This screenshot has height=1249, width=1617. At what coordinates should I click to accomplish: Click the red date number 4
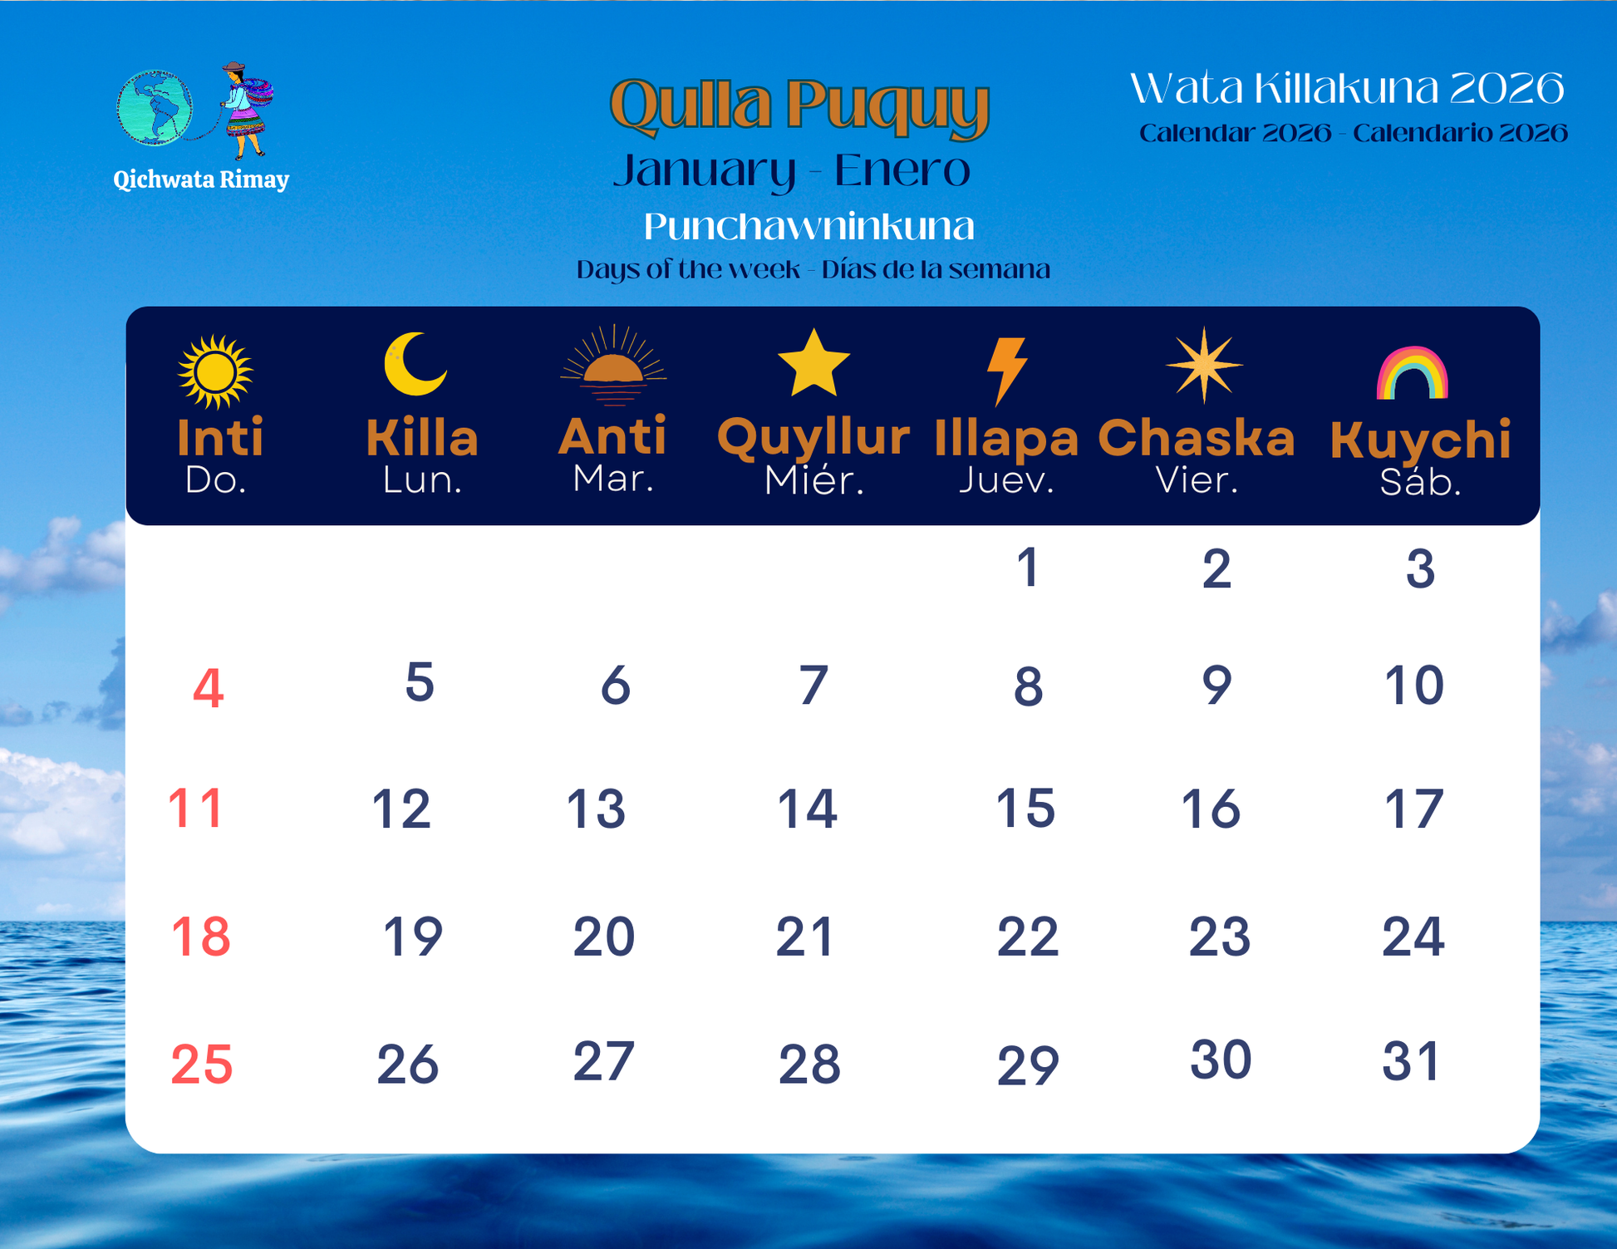point(208,689)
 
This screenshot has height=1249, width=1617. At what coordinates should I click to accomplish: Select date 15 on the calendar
point(1025,808)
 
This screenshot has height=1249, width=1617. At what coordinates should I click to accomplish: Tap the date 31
point(1412,1061)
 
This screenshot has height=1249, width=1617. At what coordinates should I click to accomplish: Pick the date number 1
point(1029,568)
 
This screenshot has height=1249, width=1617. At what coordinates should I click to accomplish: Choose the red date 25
point(202,1065)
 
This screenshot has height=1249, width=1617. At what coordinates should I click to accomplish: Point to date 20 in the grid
point(604,937)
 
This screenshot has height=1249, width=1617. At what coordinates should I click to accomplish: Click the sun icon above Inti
point(214,371)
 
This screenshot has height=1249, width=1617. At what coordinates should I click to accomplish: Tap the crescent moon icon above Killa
point(415,363)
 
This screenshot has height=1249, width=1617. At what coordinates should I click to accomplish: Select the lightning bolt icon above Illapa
point(1007,371)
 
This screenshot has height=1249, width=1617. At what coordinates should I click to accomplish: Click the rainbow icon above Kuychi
point(1413,373)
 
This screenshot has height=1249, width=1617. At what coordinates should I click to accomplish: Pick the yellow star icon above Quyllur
point(813,362)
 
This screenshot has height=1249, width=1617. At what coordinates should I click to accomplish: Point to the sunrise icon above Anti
point(613,365)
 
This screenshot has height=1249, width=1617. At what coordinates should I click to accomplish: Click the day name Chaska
point(1197,437)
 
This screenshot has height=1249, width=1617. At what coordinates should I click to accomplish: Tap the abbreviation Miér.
point(814,480)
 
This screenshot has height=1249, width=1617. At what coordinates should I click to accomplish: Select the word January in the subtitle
point(705,170)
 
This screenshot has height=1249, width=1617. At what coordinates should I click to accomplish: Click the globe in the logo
point(155,108)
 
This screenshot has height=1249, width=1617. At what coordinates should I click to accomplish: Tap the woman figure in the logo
point(245,110)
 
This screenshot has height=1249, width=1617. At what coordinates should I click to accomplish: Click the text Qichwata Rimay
point(201,179)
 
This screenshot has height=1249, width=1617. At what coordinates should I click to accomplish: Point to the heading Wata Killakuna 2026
point(1347,88)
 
